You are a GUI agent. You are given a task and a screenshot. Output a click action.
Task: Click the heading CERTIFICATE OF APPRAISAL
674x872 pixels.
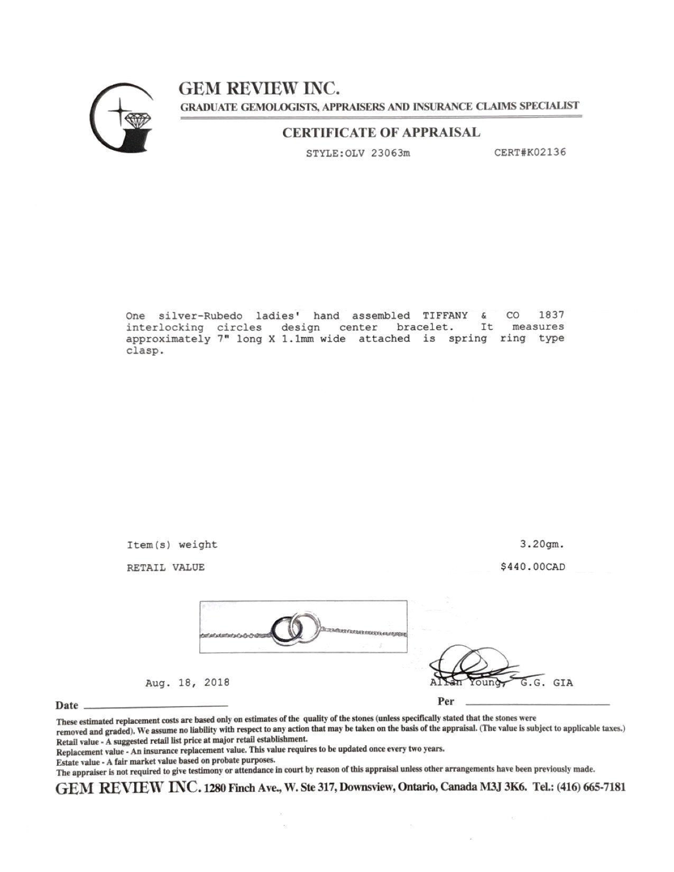point(381,133)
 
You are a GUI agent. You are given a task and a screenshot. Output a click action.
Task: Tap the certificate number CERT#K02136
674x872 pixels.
point(530,152)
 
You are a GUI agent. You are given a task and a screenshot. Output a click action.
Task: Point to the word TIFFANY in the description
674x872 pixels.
point(445,316)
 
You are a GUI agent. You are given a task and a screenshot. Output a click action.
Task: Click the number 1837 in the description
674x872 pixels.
point(551,316)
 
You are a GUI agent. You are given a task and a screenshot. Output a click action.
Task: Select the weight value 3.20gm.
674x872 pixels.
point(542,544)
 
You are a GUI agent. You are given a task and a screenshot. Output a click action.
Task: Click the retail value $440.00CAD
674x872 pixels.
point(533,567)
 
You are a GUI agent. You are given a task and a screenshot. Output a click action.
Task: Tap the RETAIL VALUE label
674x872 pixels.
point(165,568)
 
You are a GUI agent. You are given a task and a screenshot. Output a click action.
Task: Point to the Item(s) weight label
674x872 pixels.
point(172,544)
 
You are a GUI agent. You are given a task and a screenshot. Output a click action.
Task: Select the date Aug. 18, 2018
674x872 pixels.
point(187,682)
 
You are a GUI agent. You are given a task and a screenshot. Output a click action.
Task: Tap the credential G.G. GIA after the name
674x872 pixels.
point(547,683)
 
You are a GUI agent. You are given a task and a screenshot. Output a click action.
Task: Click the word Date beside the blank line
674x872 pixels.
point(67,706)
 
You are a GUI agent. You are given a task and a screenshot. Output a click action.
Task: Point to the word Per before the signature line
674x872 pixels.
point(446,702)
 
